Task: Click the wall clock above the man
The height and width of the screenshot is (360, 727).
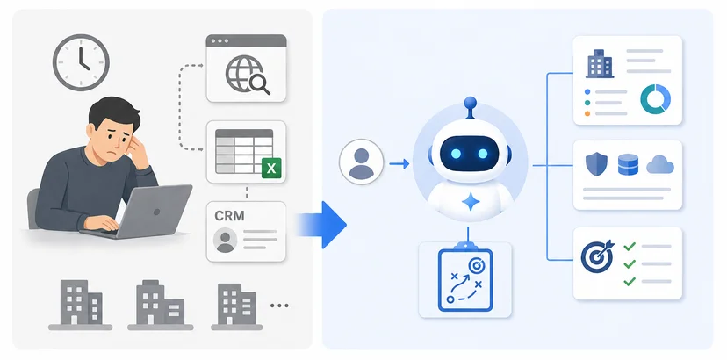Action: [x=81, y=61]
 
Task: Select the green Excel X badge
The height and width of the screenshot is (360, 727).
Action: [x=271, y=168]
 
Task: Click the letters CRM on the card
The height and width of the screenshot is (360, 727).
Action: [x=229, y=216]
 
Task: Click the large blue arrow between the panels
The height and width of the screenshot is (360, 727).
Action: [x=320, y=225]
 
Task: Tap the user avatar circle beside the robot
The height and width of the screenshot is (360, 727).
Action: [x=361, y=162]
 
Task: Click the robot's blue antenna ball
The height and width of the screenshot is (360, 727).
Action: [x=470, y=102]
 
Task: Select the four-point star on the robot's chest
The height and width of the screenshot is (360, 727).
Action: [x=470, y=202]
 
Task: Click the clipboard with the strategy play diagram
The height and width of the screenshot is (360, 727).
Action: [x=465, y=277]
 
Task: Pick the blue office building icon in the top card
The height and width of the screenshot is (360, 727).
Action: [x=600, y=63]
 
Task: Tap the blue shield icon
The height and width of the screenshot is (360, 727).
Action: [x=596, y=165]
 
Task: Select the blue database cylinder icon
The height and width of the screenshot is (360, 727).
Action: [x=629, y=165]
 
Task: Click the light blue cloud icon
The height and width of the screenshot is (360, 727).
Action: [x=660, y=165]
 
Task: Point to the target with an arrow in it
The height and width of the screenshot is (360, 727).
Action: [x=597, y=256]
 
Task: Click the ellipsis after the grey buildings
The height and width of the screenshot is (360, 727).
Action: [x=279, y=306]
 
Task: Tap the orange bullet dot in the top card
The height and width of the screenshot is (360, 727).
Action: [x=587, y=113]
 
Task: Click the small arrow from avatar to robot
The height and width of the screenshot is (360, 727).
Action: [x=399, y=163]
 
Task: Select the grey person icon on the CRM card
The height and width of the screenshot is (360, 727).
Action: [x=226, y=240]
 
